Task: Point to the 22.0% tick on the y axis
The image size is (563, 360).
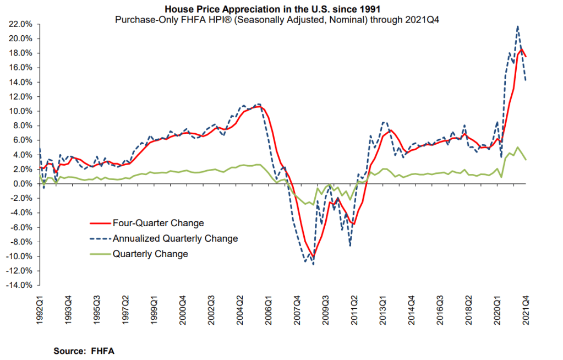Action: tap(20, 24)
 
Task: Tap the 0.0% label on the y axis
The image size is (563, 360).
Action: tap(22, 184)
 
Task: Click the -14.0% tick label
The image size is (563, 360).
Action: tap(19, 285)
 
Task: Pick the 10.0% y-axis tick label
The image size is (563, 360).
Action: tap(20, 111)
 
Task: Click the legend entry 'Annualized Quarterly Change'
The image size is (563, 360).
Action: tap(175, 239)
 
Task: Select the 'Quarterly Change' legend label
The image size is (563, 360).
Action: tap(150, 254)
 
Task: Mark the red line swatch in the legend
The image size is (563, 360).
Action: tap(100, 223)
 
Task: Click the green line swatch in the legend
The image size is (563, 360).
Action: tap(100, 254)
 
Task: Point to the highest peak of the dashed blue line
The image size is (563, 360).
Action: tap(518, 26)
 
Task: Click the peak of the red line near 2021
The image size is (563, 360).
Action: tap(521, 50)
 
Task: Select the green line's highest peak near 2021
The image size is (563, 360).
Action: tap(517, 147)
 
